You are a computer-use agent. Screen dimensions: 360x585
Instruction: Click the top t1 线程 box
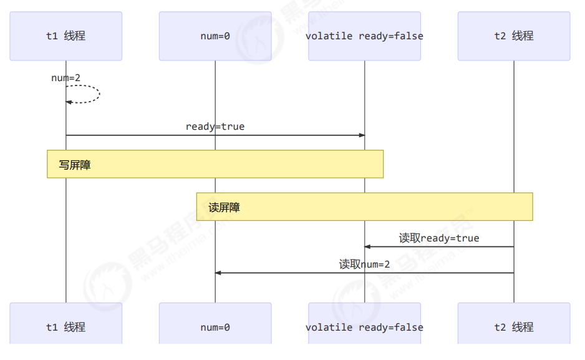pyautogui.click(x=65, y=36)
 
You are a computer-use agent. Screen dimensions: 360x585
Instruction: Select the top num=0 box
pyautogui.click(x=215, y=36)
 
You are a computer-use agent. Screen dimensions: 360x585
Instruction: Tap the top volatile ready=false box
pyautogui.click(x=364, y=36)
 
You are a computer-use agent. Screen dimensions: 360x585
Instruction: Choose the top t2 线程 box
pyautogui.click(x=514, y=36)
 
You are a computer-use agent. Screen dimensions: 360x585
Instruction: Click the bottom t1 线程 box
pyautogui.click(x=65, y=326)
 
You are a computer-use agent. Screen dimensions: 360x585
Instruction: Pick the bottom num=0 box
pyautogui.click(x=215, y=326)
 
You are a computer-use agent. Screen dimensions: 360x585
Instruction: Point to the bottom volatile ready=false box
pyautogui.click(x=364, y=326)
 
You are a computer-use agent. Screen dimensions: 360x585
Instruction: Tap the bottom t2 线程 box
pyautogui.click(x=514, y=326)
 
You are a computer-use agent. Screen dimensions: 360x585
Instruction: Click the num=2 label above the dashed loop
pyautogui.click(x=65, y=78)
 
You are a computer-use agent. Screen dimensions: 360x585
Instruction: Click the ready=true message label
pyautogui.click(x=215, y=127)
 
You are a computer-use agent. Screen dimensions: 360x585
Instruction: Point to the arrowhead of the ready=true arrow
pyautogui.click(x=362, y=135)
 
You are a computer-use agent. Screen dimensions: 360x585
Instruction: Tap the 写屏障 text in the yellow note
pyautogui.click(x=75, y=165)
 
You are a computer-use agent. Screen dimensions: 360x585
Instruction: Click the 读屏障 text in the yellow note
pyautogui.click(x=225, y=208)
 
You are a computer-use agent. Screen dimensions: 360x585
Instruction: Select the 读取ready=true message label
pyautogui.click(x=439, y=238)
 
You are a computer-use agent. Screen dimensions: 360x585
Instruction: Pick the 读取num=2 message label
pyautogui.click(x=364, y=265)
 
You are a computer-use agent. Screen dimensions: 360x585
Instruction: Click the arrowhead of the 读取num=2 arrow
pyautogui.click(x=218, y=273)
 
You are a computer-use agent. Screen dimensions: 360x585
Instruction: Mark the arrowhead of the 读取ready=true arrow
pyautogui.click(x=367, y=247)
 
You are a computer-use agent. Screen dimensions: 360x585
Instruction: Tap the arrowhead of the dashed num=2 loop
pyautogui.click(x=69, y=102)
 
